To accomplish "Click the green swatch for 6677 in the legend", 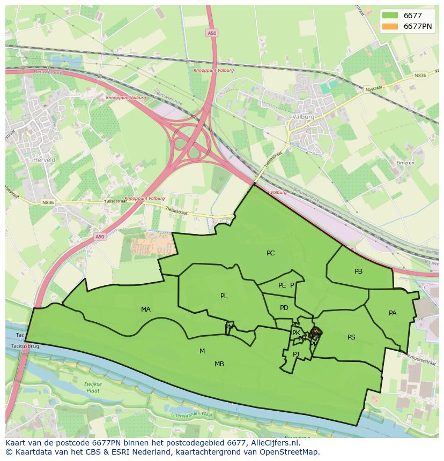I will pyautogui.click(x=390, y=16).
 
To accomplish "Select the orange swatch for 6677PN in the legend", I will pyautogui.click(x=390, y=26).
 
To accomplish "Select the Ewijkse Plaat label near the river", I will pyautogui.click(x=93, y=387).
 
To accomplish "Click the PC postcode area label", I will pyautogui.click(x=270, y=253).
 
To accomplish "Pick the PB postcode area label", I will pyautogui.click(x=358, y=271).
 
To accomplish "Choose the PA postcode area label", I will pyautogui.click(x=393, y=313).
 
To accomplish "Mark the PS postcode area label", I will pyautogui.click(x=351, y=337).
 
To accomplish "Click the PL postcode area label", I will pyautogui.click(x=224, y=296).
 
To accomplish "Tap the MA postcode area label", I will pyautogui.click(x=146, y=309).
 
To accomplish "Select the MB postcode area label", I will pyautogui.click(x=219, y=364).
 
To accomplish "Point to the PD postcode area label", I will pyautogui.click(x=284, y=308).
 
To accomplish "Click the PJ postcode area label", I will pyautogui.click(x=295, y=354).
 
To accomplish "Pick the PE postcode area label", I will pyautogui.click(x=282, y=285).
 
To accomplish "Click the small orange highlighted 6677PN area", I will pyautogui.click(x=316, y=333).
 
